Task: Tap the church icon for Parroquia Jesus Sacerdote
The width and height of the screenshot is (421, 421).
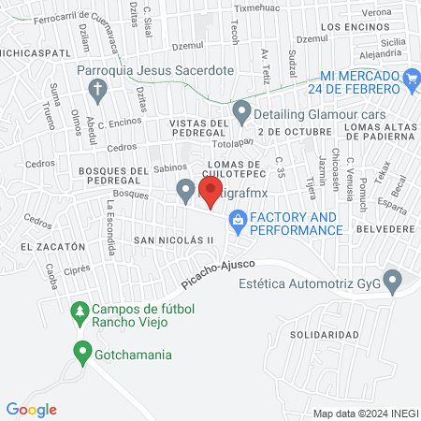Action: (96, 90)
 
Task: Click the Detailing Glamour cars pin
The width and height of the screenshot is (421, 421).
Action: (242, 114)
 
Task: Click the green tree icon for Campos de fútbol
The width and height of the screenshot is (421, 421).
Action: (80, 311)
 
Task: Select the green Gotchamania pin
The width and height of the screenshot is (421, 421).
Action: (80, 353)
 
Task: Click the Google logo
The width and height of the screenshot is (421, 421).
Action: (32, 410)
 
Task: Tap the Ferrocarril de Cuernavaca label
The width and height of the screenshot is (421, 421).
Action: (77, 31)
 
